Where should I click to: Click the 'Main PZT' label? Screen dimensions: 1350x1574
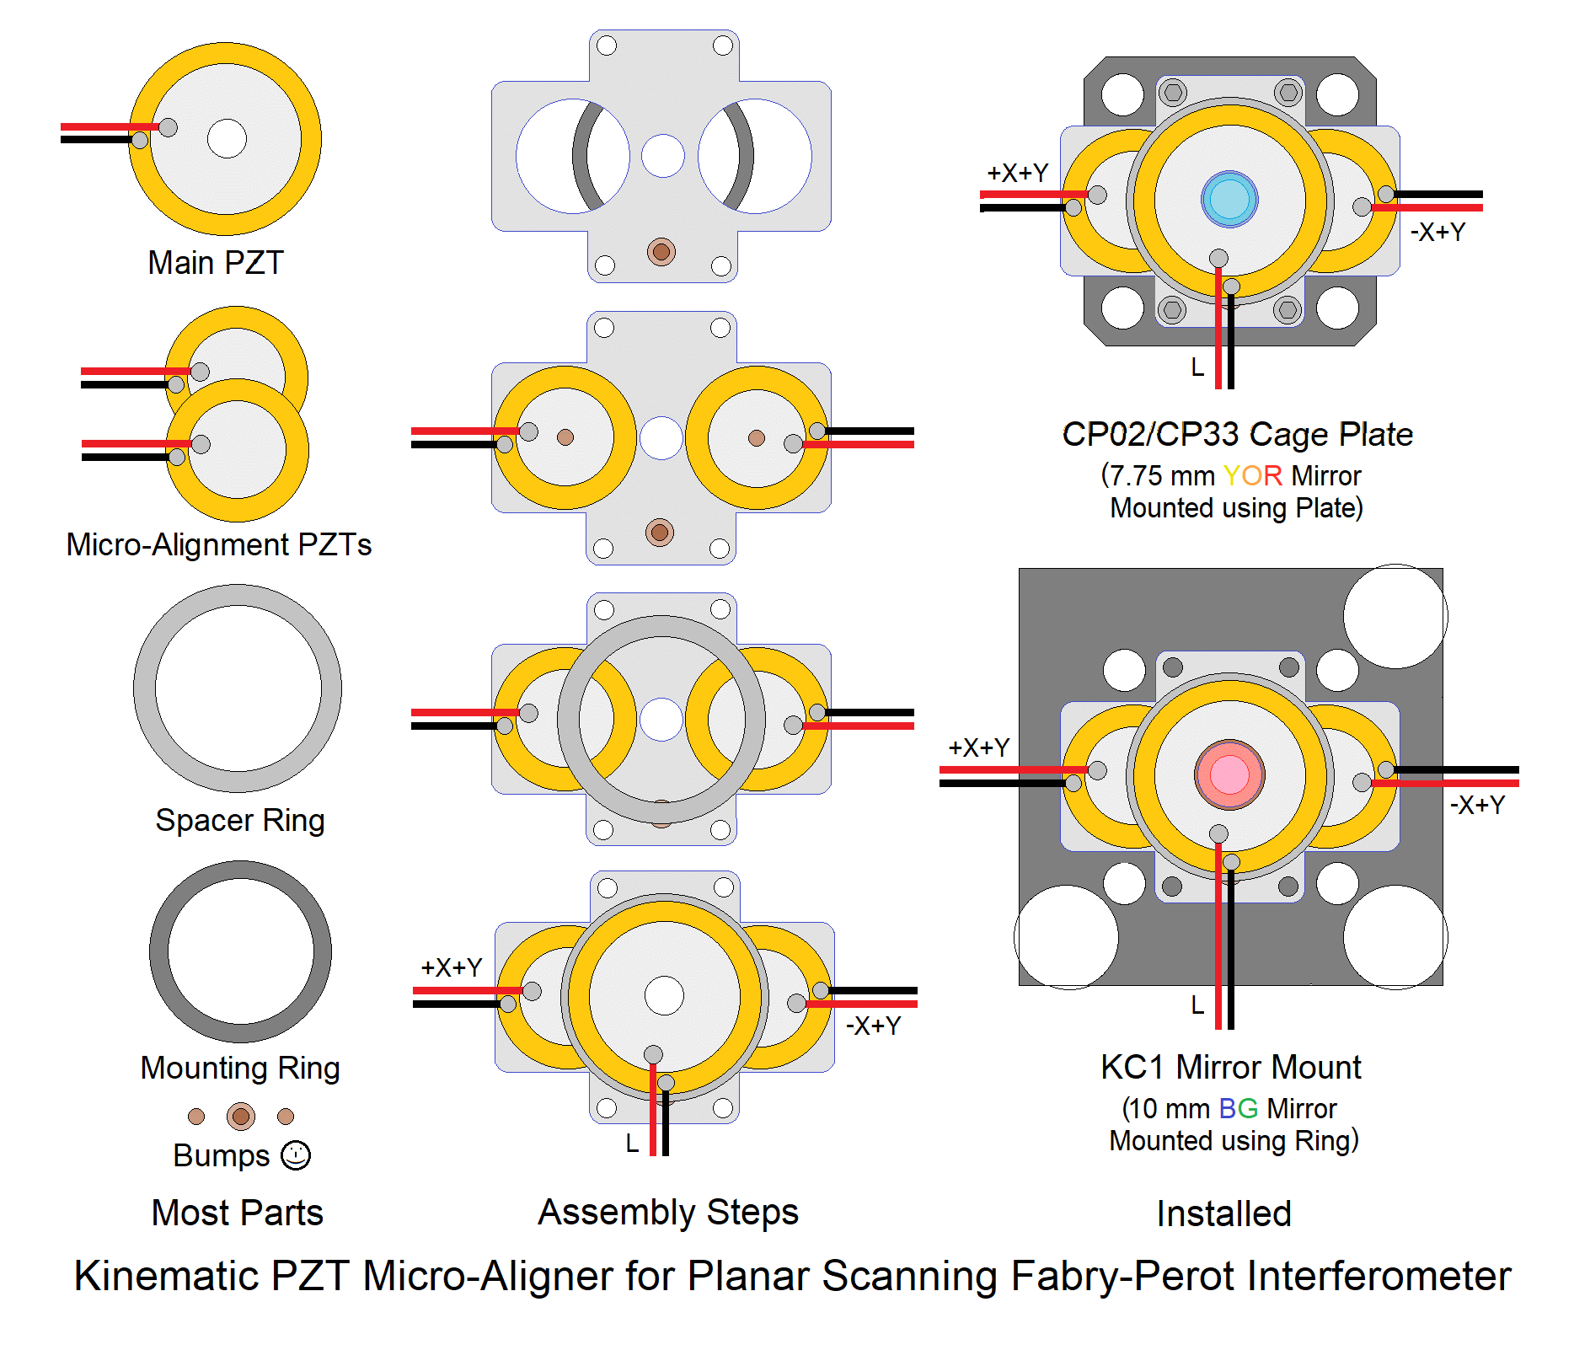pos(216,263)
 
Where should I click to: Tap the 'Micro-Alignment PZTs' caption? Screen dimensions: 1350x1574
pos(219,544)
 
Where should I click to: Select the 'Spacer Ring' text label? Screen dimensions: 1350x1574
pos(240,820)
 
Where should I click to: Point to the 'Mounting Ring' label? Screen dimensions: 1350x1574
pos(240,1068)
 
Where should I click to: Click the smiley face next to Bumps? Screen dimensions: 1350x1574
pos(296,1155)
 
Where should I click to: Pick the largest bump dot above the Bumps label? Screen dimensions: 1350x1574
pos(241,1117)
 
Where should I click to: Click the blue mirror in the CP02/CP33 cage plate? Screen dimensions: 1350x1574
pos(1229,200)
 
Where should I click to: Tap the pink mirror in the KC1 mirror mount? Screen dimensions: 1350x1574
pos(1229,774)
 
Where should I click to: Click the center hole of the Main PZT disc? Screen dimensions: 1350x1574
pos(227,139)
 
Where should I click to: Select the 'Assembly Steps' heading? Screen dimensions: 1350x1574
pos(668,1212)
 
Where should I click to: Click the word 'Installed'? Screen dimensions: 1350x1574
pos(1223,1213)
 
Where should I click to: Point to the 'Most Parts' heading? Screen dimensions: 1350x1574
pos(237,1213)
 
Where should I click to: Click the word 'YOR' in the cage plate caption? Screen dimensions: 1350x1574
pos(1252,475)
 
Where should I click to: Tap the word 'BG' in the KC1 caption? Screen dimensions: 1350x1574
pos(1238,1108)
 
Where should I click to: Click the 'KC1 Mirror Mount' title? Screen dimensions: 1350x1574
pos(1230,1067)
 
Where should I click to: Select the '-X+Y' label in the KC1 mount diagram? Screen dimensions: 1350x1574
pos(1477,805)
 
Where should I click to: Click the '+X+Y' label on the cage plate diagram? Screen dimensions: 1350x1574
pos(1017,173)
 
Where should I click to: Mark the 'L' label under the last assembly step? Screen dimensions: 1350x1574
pos(632,1144)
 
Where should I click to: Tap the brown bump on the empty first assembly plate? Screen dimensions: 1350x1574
pos(661,251)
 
